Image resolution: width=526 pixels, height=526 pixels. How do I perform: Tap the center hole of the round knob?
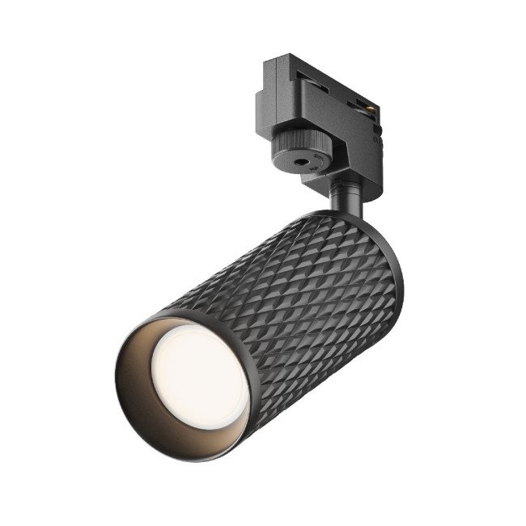tap(307, 162)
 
